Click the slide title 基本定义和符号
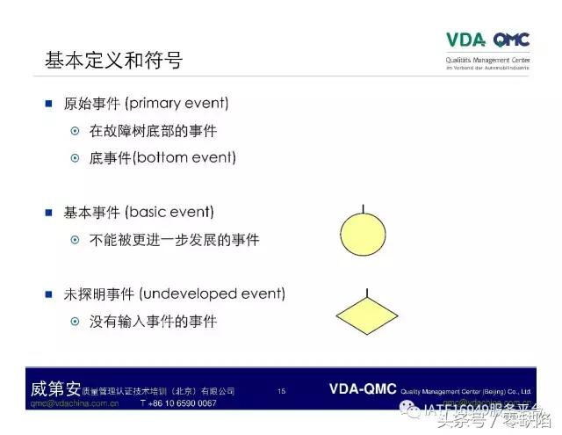[x=113, y=61]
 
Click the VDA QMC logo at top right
[x=487, y=40]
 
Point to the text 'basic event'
[x=170, y=213]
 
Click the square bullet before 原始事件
[x=49, y=104]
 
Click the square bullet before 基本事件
[x=49, y=213]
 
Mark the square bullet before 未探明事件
[x=49, y=294]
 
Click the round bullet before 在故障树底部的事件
[x=76, y=132]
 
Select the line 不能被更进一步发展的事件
[x=174, y=240]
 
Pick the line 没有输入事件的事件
[x=153, y=322]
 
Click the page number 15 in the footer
[x=281, y=391]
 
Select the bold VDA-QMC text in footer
[x=363, y=389]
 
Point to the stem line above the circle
[x=363, y=209]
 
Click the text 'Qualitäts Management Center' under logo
[x=488, y=60]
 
